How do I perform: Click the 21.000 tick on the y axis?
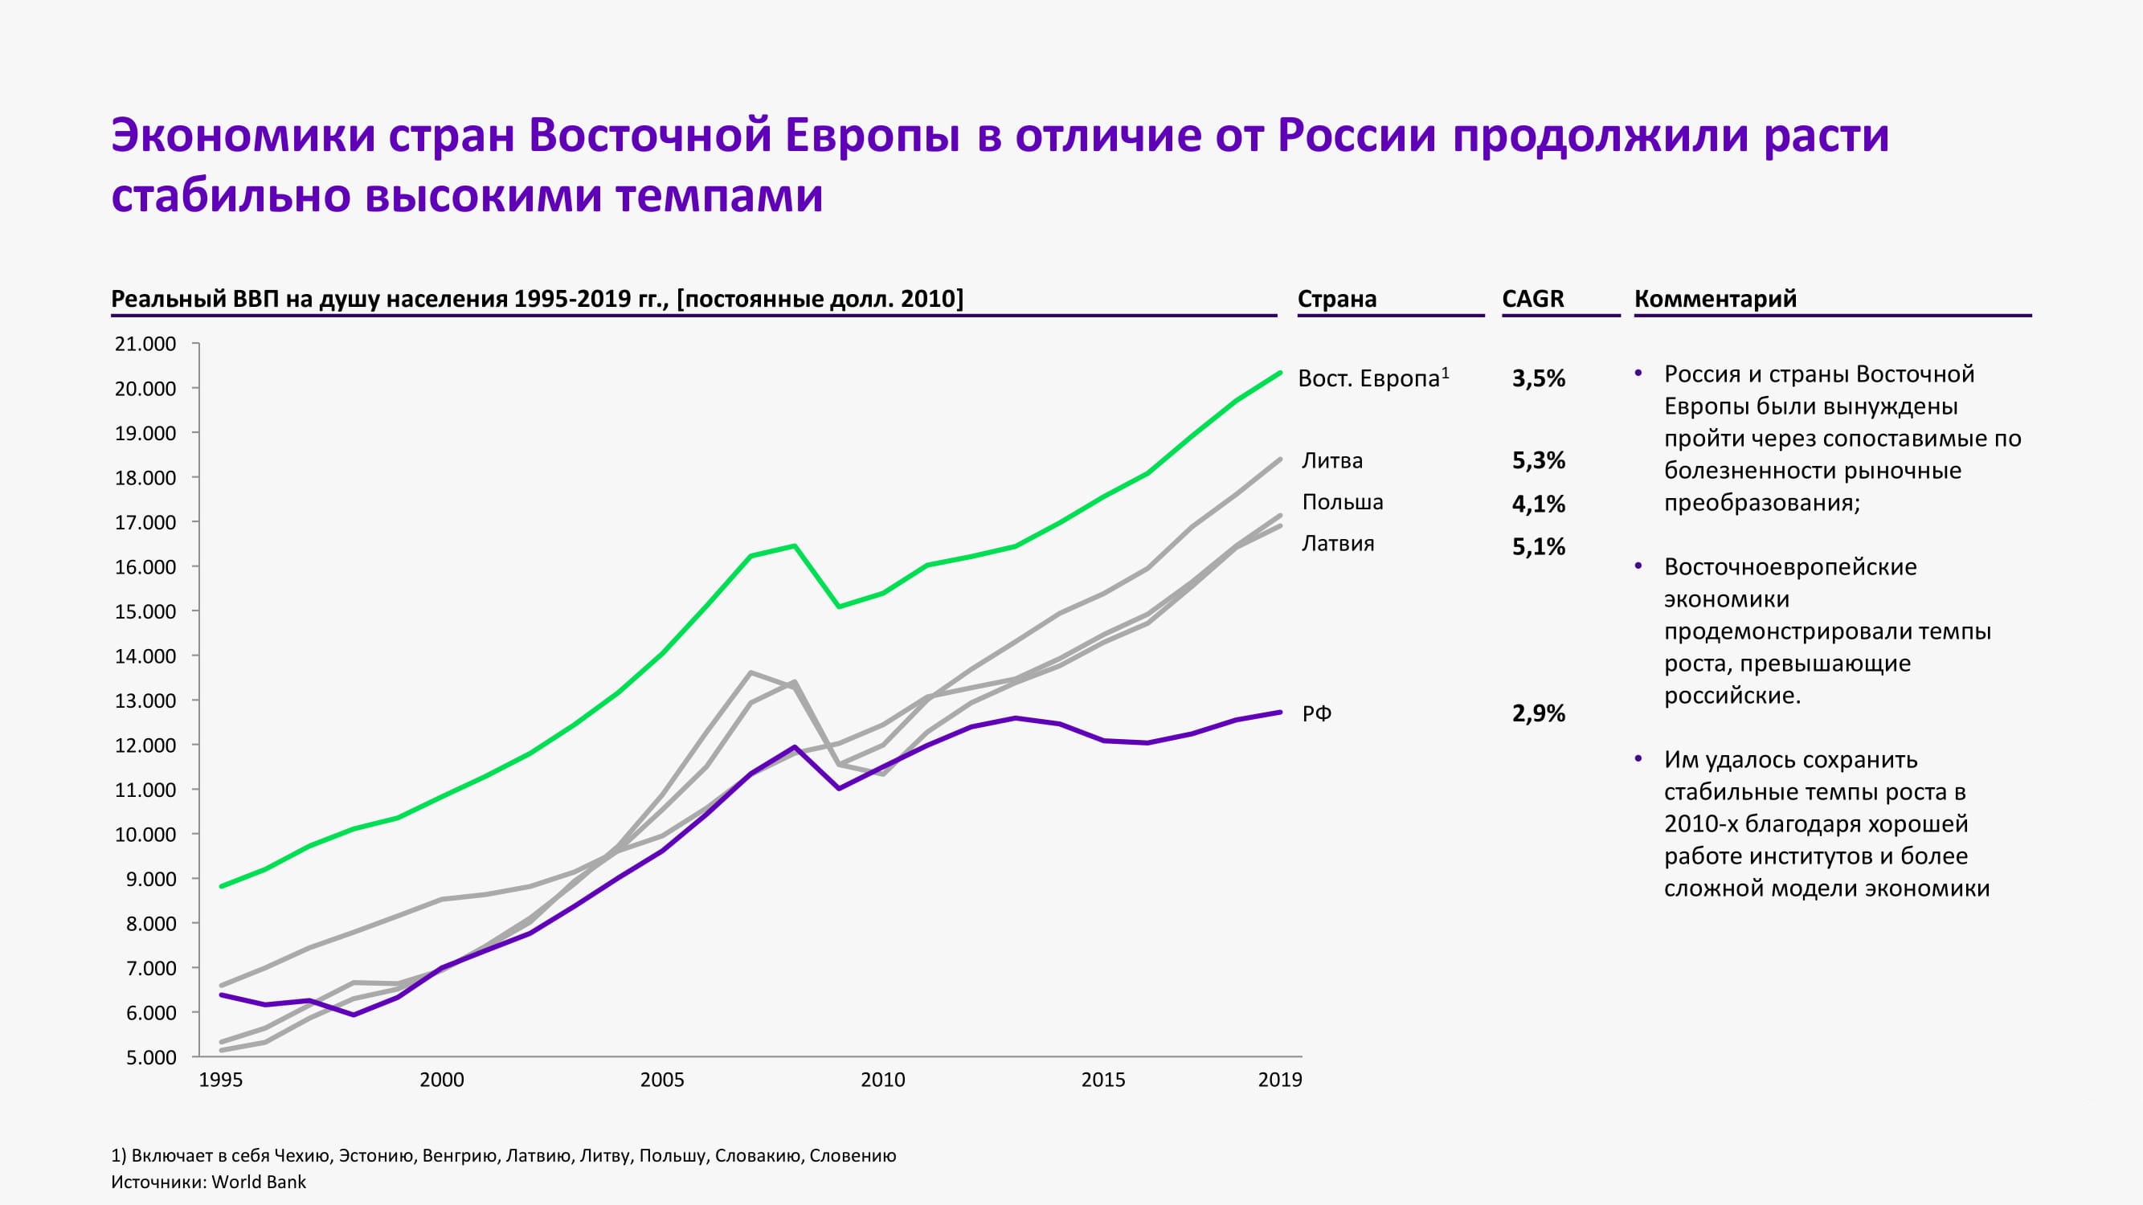(145, 344)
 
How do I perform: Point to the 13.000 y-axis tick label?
(145, 701)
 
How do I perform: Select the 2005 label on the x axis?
(662, 1080)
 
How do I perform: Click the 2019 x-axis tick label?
(1279, 1080)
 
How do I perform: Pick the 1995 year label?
(221, 1080)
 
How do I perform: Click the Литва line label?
(1332, 460)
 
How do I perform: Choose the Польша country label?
(1342, 501)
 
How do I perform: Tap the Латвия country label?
(1338, 543)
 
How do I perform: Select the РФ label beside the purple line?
(1317, 713)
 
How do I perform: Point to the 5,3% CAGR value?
(1538, 460)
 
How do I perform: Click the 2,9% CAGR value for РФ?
(1538, 713)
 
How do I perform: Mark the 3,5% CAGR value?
(1538, 378)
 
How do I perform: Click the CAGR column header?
(1532, 299)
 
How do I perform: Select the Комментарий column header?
(1716, 299)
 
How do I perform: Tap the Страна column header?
(1337, 299)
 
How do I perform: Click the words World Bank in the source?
(259, 1182)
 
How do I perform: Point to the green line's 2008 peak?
(795, 545)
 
